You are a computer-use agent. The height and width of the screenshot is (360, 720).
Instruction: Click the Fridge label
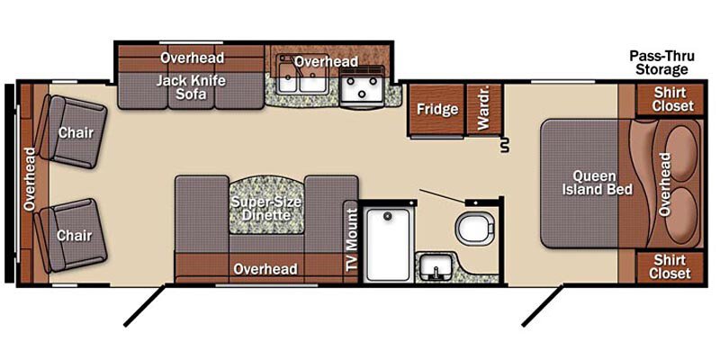(x=436, y=110)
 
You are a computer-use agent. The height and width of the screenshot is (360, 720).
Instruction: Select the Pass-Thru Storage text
(x=658, y=62)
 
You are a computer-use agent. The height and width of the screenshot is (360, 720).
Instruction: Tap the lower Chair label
(x=76, y=234)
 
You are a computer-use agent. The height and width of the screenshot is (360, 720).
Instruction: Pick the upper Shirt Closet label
(x=673, y=99)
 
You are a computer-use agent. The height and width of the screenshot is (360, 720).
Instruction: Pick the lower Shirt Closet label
(x=671, y=266)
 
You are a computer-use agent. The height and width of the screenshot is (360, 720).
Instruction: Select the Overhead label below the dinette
(x=265, y=269)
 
